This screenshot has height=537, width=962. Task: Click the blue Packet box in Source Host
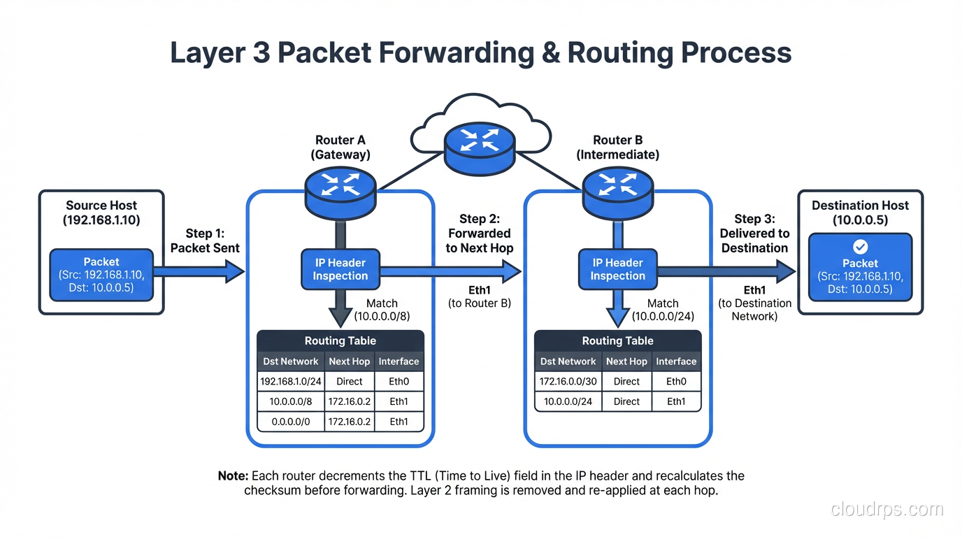101,275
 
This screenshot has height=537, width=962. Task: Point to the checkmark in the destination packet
860,247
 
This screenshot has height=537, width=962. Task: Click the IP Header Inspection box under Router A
340,269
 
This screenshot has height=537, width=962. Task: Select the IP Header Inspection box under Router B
617,269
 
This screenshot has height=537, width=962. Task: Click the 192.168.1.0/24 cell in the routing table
290,382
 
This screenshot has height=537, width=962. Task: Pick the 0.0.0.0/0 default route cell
290,422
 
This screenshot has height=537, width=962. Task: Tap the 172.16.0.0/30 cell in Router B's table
568,382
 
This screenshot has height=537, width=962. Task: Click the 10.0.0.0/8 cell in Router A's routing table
290,401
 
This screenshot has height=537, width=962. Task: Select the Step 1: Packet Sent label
205,241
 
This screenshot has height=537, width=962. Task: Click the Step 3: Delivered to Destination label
754,234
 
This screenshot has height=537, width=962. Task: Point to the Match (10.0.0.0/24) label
662,310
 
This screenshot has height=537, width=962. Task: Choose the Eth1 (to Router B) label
480,296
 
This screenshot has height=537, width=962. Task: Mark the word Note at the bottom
233,476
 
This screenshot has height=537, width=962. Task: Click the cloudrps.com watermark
886,510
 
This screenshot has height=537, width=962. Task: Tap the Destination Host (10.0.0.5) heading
860,212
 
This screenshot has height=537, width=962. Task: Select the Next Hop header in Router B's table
626,361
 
